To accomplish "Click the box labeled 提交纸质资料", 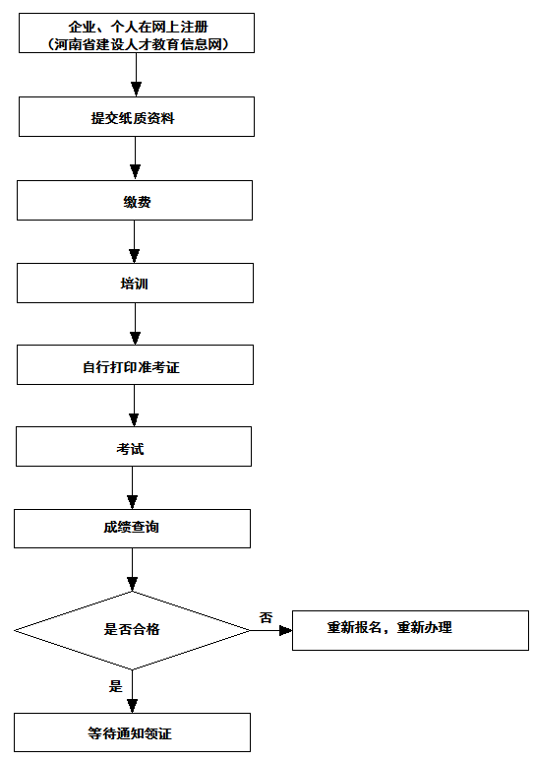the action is [137, 116].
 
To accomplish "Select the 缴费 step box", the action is [135, 200].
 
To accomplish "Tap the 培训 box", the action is [135, 283].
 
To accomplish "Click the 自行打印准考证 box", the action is [135, 364].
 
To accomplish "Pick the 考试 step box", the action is [134, 446].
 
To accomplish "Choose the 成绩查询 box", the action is [132, 529].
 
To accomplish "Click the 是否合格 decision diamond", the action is [132, 630].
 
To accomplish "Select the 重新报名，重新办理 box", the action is [410, 630].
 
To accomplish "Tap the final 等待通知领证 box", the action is [132, 732].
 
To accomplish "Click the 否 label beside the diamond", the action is [267, 617].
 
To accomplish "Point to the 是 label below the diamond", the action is [115, 686].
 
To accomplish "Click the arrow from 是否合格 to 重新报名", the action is [271, 631].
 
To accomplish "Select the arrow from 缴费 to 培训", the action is [135, 241].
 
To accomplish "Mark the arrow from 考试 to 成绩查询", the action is [132, 487].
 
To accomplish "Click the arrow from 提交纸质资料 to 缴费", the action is [136, 159].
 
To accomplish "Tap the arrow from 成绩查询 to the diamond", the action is [132, 570].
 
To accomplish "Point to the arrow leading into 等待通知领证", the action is [132, 691].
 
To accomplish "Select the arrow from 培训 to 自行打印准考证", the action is [136, 324].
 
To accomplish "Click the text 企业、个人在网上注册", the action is [138, 27].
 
